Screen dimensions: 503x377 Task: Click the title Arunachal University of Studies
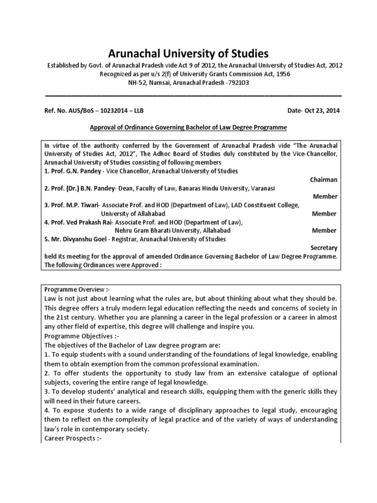click(188, 54)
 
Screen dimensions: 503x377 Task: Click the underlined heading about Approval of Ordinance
click(188, 127)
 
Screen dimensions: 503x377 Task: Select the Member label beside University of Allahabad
click(324, 214)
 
